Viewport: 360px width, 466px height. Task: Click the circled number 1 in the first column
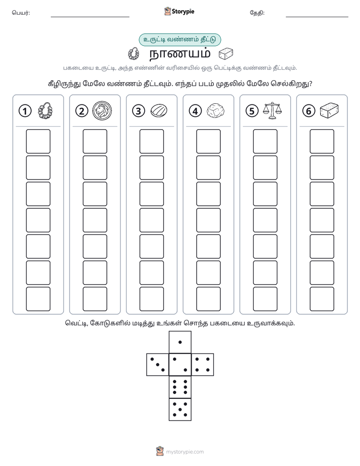25,111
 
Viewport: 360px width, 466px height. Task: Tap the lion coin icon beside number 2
102,110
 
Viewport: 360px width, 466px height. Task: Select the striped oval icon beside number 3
159,111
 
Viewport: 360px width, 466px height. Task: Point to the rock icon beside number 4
215,111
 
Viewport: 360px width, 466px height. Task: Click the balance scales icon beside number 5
272,110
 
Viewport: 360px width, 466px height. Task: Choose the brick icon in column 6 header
329,110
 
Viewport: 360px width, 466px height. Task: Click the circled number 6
309,111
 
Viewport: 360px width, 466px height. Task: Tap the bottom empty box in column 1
38,299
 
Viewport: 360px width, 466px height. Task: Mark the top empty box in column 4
208,141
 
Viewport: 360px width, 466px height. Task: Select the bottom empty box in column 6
322,299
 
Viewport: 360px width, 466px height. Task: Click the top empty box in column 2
95,141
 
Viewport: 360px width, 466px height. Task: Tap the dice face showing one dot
180,342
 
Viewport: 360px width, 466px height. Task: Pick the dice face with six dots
180,387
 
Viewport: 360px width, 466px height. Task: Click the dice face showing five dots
180,409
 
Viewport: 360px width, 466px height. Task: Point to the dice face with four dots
203,365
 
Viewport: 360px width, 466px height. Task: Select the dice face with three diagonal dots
158,365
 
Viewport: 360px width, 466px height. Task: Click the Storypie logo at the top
179,12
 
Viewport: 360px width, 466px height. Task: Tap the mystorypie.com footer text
185,452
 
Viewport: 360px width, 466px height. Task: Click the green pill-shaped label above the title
179,39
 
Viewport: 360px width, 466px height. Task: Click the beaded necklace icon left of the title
134,54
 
